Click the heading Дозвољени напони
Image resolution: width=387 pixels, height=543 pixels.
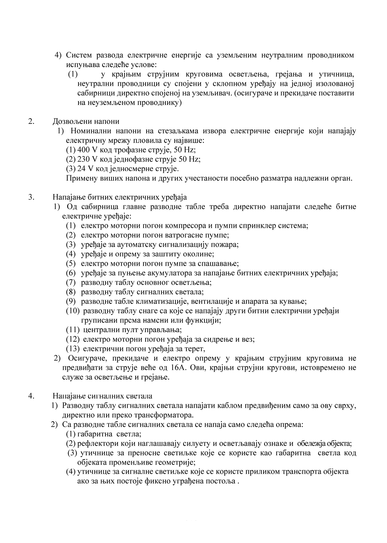point(86,122)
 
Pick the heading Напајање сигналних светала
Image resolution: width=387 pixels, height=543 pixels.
point(102,396)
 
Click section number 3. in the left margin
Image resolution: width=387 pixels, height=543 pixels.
point(31,197)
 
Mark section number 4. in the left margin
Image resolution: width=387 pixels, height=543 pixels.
point(31,396)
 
